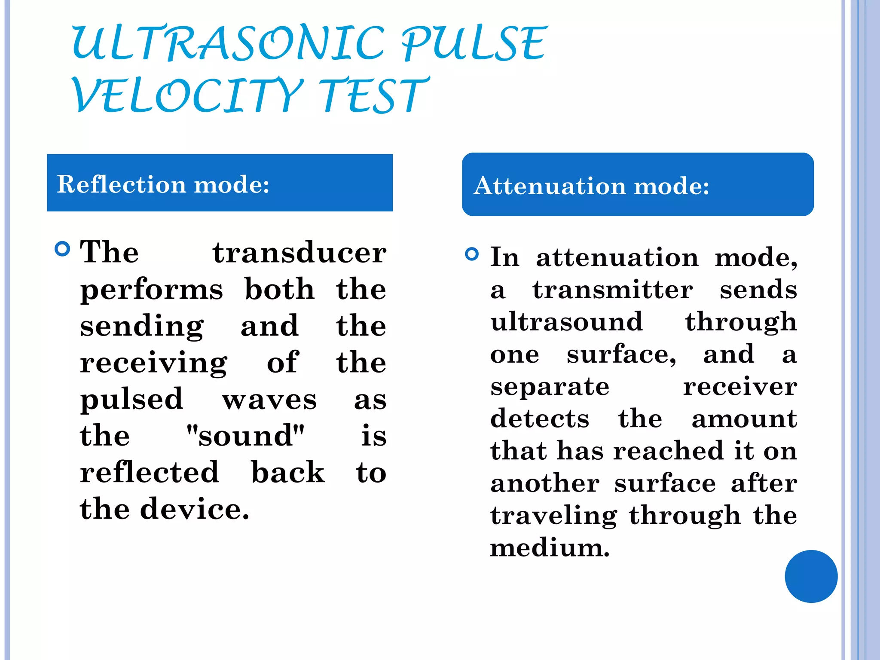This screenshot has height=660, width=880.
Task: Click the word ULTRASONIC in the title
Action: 228,43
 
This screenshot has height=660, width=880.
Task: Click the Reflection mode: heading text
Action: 163,184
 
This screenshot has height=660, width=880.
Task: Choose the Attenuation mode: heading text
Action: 591,186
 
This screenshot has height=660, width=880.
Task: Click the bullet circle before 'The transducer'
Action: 63,249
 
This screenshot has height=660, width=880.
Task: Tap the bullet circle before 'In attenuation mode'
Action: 472,254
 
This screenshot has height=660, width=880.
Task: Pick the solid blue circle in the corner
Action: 811,576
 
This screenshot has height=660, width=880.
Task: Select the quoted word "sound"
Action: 245,436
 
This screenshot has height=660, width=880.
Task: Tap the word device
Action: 195,509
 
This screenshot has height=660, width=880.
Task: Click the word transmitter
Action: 612,290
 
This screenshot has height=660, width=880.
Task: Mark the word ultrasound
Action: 566,322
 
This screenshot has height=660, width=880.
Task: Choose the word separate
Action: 550,387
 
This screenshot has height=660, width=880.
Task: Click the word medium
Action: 550,548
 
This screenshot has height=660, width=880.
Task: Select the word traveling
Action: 553,516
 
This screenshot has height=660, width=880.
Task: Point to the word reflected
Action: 150,472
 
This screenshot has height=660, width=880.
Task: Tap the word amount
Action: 744,419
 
